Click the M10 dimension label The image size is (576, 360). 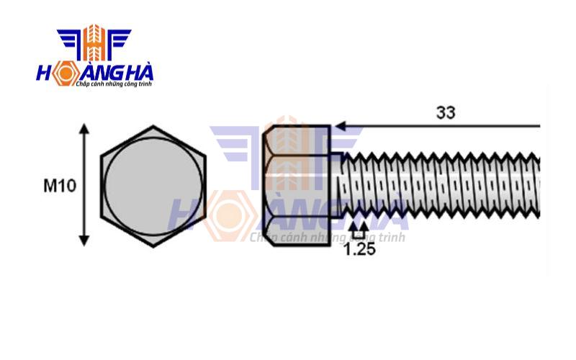[x=60, y=186]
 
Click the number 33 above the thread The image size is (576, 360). [x=446, y=113]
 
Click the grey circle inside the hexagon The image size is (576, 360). [x=153, y=186]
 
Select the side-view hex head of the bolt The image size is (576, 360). [x=297, y=186]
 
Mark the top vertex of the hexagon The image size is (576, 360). [x=153, y=127]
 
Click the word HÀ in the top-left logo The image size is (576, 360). [x=135, y=73]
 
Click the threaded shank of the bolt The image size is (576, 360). [x=439, y=186]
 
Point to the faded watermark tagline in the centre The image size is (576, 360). [x=328, y=237]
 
